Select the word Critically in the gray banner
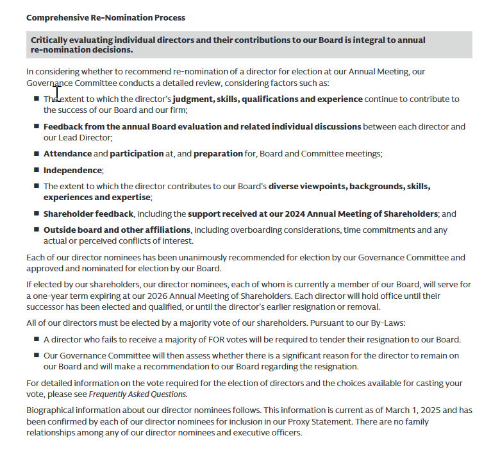tap(51, 40)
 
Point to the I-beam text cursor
tap(57, 94)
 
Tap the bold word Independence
tap(72, 171)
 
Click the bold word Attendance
tap(67, 154)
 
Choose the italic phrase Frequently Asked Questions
tap(138, 394)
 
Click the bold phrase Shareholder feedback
tap(88, 214)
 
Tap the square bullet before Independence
tap(37, 171)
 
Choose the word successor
tap(47, 307)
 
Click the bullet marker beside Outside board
tap(37, 230)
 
